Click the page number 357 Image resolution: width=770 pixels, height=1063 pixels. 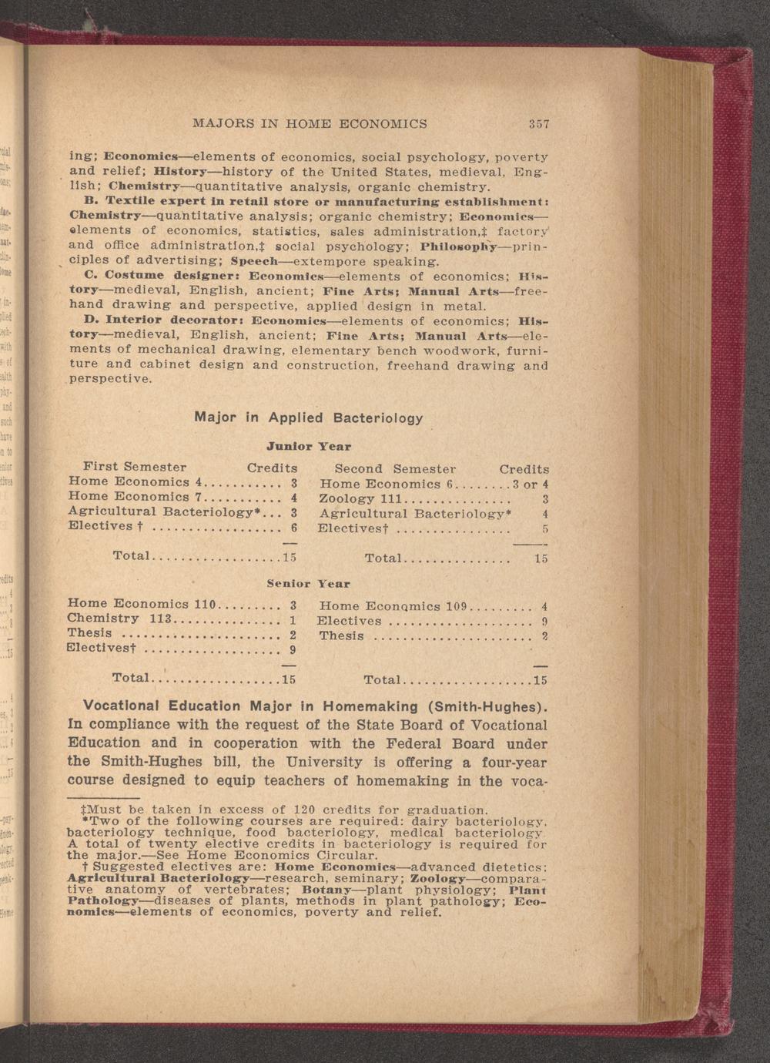click(538, 123)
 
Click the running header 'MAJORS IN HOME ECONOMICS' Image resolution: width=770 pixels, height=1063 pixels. click(310, 123)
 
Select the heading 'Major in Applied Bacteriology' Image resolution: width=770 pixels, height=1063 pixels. click(309, 417)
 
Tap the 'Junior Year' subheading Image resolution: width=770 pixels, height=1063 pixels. click(309, 446)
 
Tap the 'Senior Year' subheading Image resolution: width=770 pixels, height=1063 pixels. click(308, 583)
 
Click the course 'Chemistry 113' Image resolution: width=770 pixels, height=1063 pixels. click(119, 619)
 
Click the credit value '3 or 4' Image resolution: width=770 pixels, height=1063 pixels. click(531, 485)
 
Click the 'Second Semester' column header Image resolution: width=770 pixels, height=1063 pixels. click(395, 468)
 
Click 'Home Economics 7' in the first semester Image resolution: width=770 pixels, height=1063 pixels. click(135, 498)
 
